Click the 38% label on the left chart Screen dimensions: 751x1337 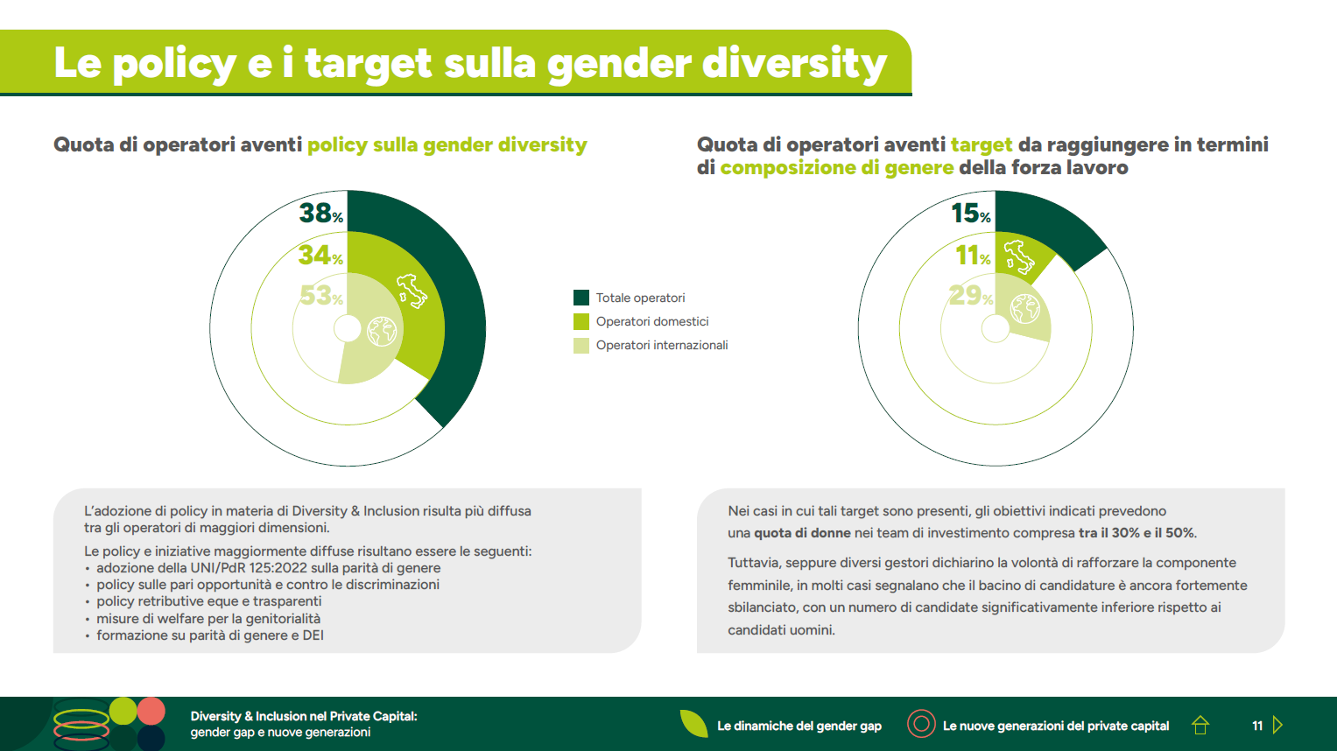point(320,213)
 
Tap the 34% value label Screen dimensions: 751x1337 point(320,255)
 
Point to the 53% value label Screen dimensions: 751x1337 point(320,296)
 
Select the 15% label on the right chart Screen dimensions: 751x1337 point(971,213)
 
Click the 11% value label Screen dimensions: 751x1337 point(973,255)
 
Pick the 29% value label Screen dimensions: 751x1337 point(970,296)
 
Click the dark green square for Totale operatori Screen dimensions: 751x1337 point(581,298)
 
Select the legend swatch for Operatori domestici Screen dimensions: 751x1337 point(581,321)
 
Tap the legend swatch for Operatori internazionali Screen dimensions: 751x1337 point(581,345)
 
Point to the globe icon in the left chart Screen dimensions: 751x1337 point(382,331)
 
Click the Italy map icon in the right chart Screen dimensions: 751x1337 point(1018,257)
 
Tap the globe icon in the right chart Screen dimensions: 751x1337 point(1024,309)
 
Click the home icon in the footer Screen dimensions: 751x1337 point(1200,725)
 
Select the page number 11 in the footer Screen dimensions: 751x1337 point(1257,726)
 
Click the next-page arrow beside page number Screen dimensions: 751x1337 point(1277,725)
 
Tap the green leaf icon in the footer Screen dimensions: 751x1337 point(694,724)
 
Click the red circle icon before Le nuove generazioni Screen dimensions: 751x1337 point(921,724)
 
